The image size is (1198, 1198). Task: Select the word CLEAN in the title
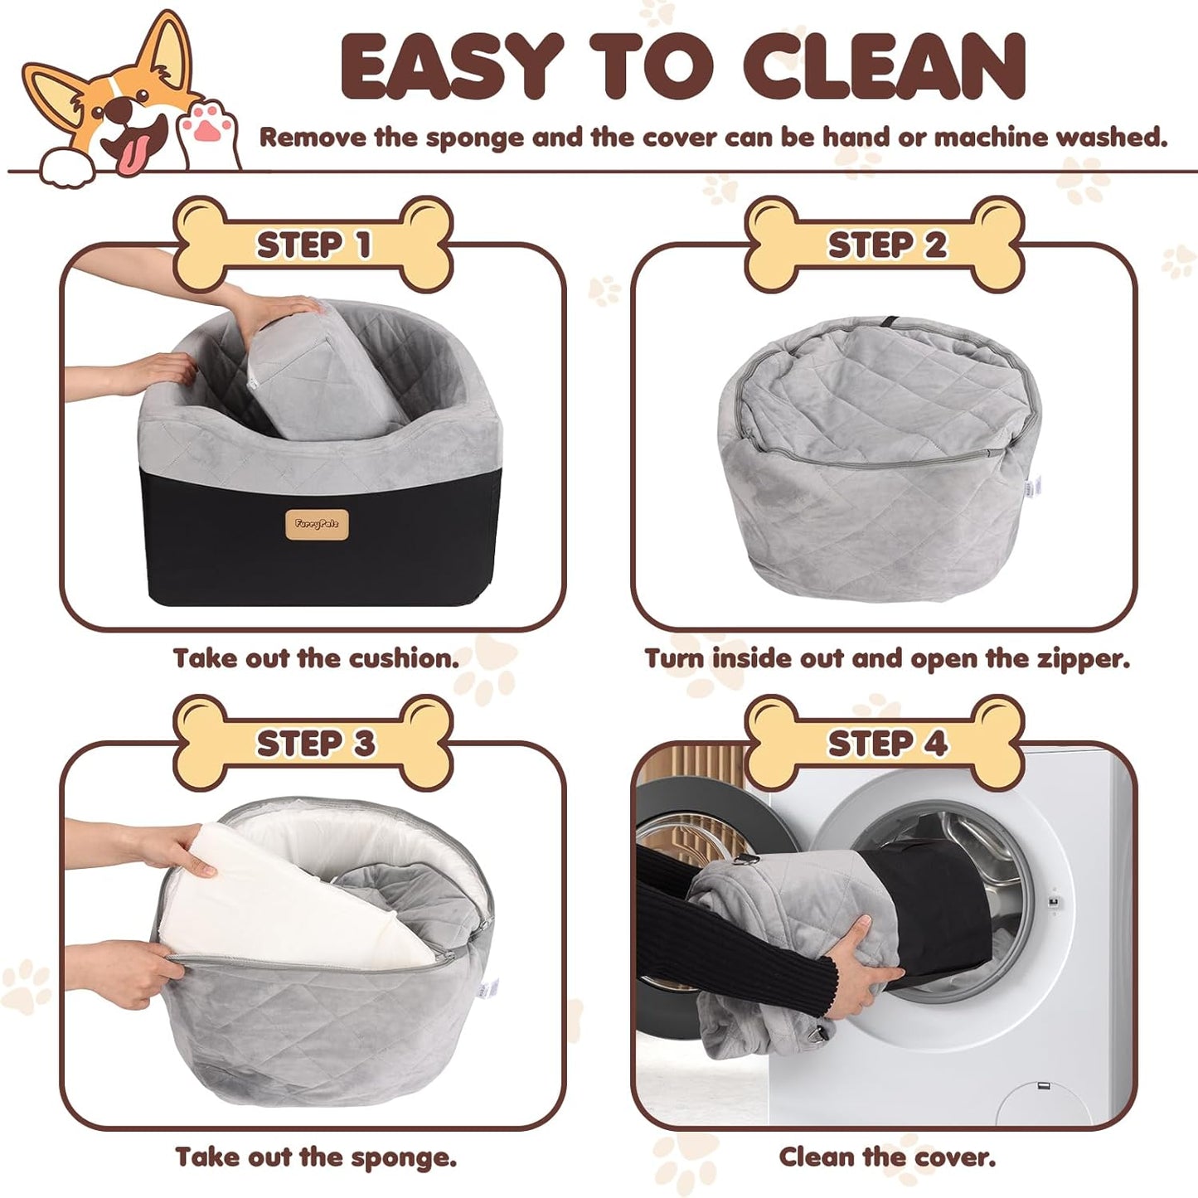pos(891,66)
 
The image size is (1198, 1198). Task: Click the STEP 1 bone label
pos(313,245)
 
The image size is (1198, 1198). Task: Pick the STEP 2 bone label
pos(885,245)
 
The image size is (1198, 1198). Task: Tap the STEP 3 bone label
pos(313,743)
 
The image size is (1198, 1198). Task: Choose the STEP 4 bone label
pos(885,743)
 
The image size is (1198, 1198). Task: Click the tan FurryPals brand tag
pos(322,524)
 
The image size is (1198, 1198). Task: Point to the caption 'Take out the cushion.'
pos(316,658)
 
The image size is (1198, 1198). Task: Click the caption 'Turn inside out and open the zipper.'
pos(887,658)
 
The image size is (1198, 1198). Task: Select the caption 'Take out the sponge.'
pos(316,1157)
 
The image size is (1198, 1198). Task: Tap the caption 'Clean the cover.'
pos(887,1157)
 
